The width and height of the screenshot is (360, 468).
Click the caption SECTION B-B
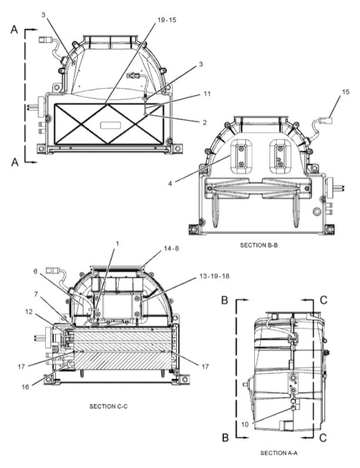[260, 245]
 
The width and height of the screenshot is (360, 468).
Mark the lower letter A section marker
[14, 164]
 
